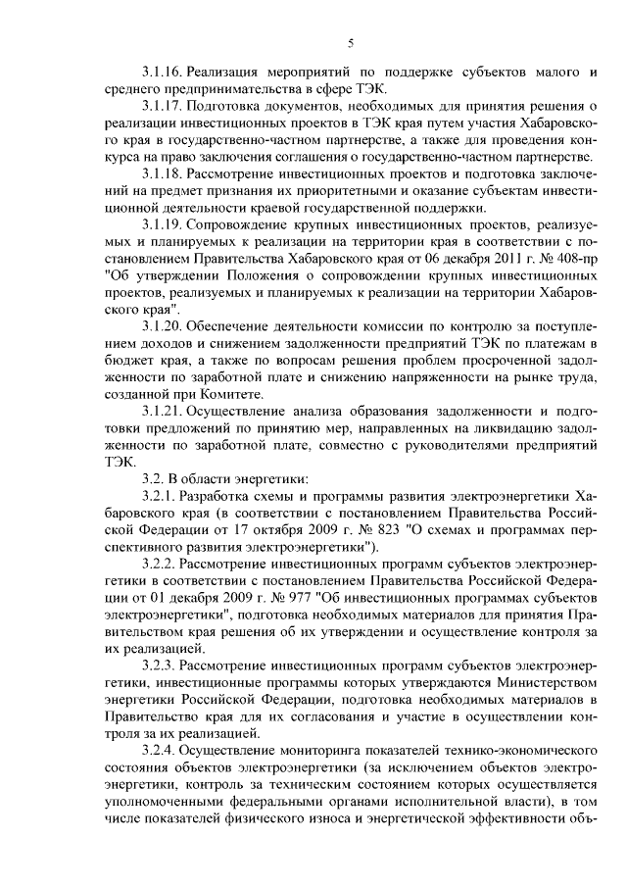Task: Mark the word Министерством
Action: point(543,682)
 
